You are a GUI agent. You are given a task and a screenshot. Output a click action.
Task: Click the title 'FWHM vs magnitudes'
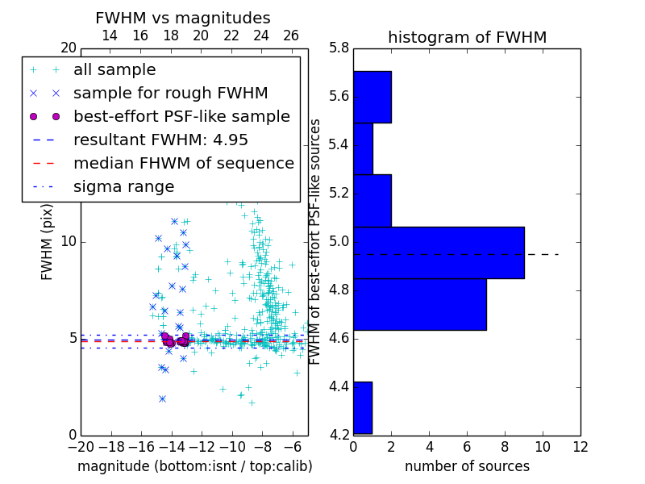tap(183, 19)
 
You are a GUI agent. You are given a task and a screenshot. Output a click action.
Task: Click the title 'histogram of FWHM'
tap(467, 38)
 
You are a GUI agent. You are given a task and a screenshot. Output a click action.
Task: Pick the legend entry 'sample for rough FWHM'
tap(170, 94)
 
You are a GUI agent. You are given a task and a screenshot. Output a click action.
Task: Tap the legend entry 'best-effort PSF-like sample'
tap(181, 116)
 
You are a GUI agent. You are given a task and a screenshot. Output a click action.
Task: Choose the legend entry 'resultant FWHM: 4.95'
tap(160, 140)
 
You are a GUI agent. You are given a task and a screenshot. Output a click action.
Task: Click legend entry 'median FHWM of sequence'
tap(183, 163)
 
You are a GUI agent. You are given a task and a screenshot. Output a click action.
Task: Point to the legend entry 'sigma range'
tap(123, 186)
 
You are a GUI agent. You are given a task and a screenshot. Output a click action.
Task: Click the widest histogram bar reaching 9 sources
tap(439, 252)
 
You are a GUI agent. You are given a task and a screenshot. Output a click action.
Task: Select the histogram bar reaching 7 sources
tap(419, 304)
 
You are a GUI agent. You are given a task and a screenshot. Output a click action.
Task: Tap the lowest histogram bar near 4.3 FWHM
tap(363, 407)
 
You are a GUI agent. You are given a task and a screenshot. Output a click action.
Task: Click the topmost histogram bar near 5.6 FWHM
tap(372, 97)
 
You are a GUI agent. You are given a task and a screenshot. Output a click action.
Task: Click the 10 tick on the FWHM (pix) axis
tap(69, 242)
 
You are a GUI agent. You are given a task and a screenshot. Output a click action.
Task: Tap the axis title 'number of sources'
tap(467, 466)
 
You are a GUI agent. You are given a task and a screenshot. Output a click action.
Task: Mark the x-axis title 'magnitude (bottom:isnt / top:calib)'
tap(194, 466)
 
